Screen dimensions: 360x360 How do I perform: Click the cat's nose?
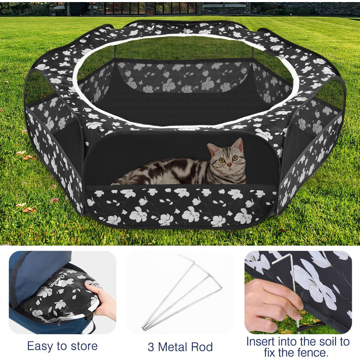229,165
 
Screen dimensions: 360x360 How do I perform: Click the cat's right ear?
212,149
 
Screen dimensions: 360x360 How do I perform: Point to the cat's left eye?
235,158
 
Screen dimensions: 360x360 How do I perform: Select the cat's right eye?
222,160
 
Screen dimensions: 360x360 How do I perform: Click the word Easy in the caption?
41,347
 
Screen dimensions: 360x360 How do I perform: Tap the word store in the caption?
84,346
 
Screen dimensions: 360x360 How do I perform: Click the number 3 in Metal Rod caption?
151,347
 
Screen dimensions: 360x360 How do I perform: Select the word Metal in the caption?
172,347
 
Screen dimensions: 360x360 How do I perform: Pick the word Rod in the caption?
201,347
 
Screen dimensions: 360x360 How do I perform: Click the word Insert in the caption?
260,341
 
